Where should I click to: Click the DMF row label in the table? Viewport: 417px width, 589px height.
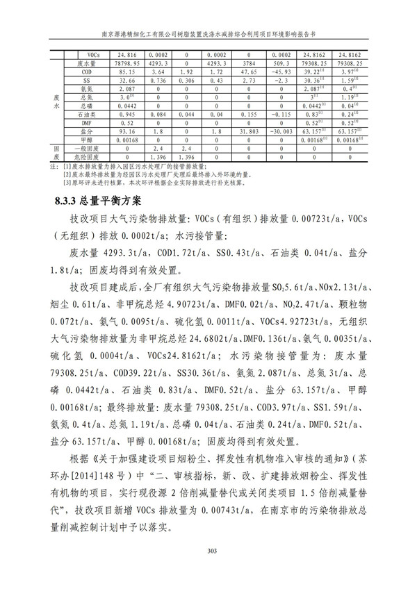tap(87, 122)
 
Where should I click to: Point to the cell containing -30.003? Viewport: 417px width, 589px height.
tap(281, 131)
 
